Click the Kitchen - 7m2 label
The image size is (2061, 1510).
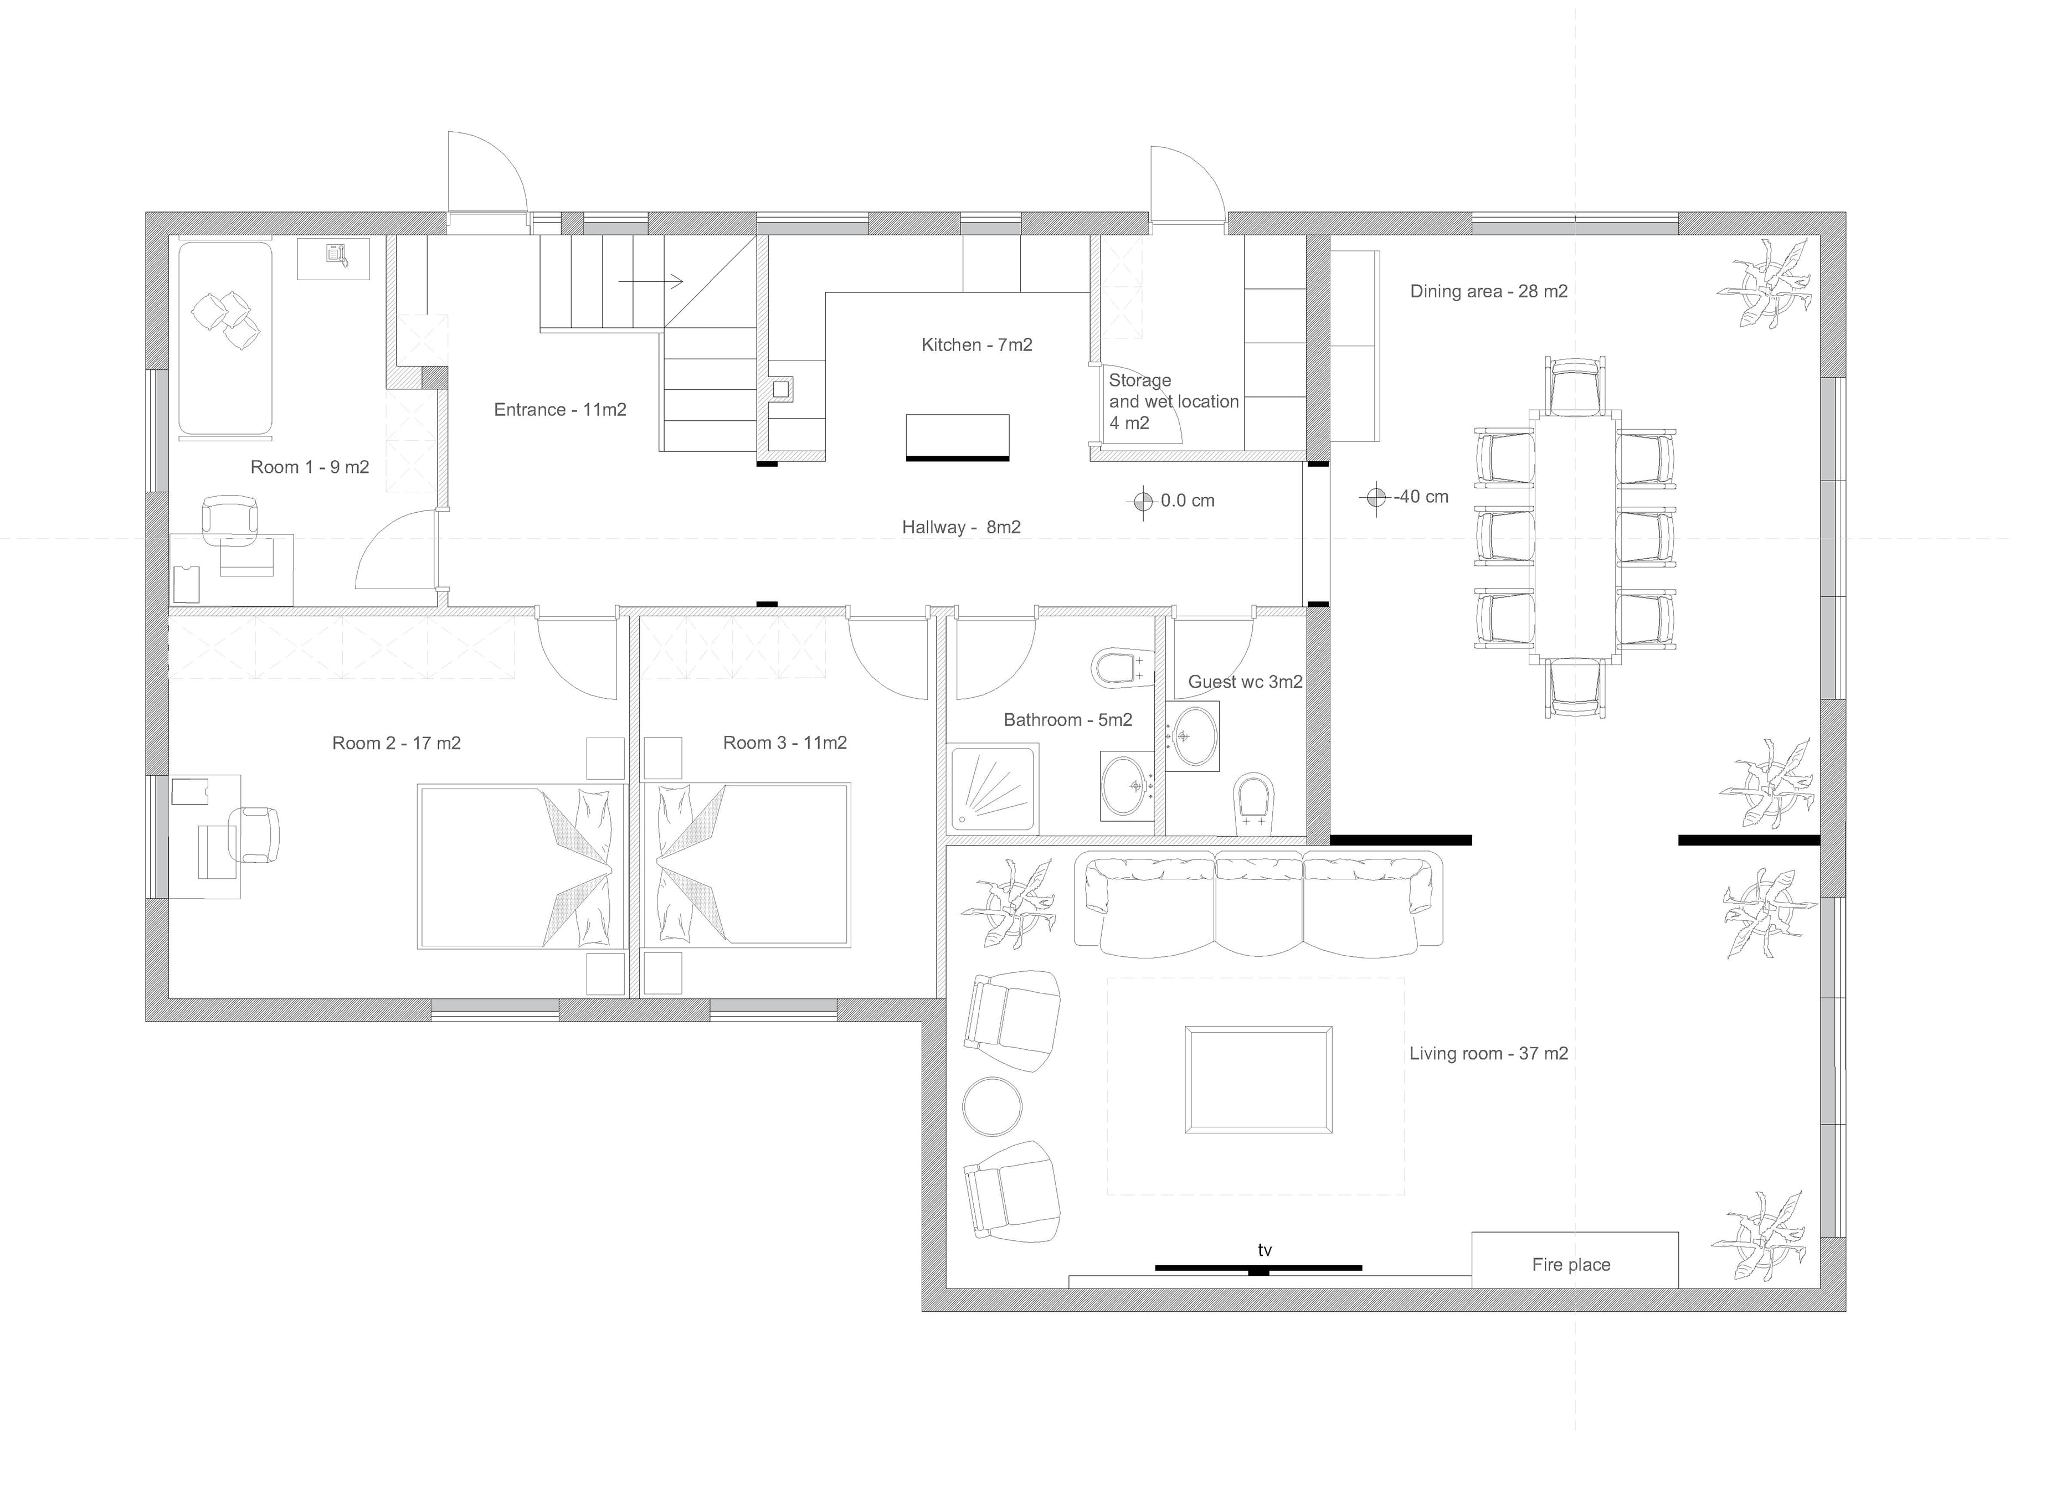(976, 344)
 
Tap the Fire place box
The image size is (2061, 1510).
(1575, 1260)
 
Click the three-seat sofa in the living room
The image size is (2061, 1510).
(1258, 904)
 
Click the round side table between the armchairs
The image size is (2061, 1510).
(992, 1106)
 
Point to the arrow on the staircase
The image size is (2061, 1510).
(651, 281)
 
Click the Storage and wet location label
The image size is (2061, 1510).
(1173, 401)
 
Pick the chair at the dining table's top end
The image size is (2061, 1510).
(1575, 385)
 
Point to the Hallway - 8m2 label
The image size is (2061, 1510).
(961, 527)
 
